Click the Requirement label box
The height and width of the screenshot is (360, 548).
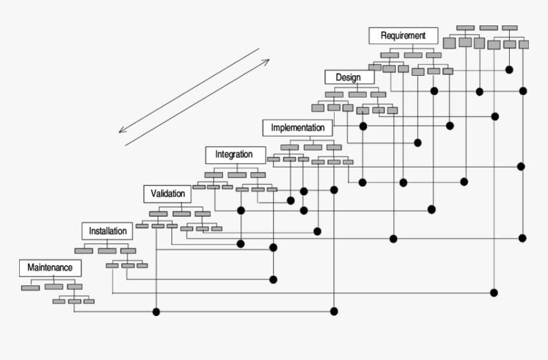403,36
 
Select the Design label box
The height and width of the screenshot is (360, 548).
348,77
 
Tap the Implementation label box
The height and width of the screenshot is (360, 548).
298,127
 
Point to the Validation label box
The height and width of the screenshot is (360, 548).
168,192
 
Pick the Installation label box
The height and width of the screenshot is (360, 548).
108,231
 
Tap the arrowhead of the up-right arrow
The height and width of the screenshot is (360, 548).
267,61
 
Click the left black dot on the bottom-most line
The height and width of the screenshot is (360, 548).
156,312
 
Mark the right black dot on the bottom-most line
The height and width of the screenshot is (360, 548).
333,312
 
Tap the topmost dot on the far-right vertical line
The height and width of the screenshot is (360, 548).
523,91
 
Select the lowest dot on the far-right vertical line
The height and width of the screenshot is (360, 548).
523,238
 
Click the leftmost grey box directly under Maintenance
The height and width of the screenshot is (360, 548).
31,287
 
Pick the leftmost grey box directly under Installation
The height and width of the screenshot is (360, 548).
83,250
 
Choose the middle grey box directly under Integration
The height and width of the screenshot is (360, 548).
236,175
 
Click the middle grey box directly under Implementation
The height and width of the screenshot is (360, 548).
312,148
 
